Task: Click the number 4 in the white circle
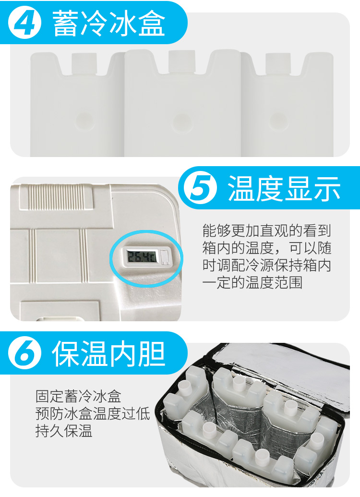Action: point(24,23)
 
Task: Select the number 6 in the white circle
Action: point(25,353)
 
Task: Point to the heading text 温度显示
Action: point(284,189)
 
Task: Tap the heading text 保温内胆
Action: point(108,354)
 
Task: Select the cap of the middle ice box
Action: point(181,61)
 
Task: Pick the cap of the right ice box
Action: point(278,63)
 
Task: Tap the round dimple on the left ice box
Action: point(85,122)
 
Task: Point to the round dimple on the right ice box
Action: point(278,121)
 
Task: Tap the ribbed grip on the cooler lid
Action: point(57,197)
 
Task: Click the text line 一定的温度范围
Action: point(252,282)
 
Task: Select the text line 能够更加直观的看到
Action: point(266,230)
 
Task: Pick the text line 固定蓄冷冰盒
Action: point(78,396)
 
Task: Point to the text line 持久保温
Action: point(64,431)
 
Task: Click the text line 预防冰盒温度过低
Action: point(93,413)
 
